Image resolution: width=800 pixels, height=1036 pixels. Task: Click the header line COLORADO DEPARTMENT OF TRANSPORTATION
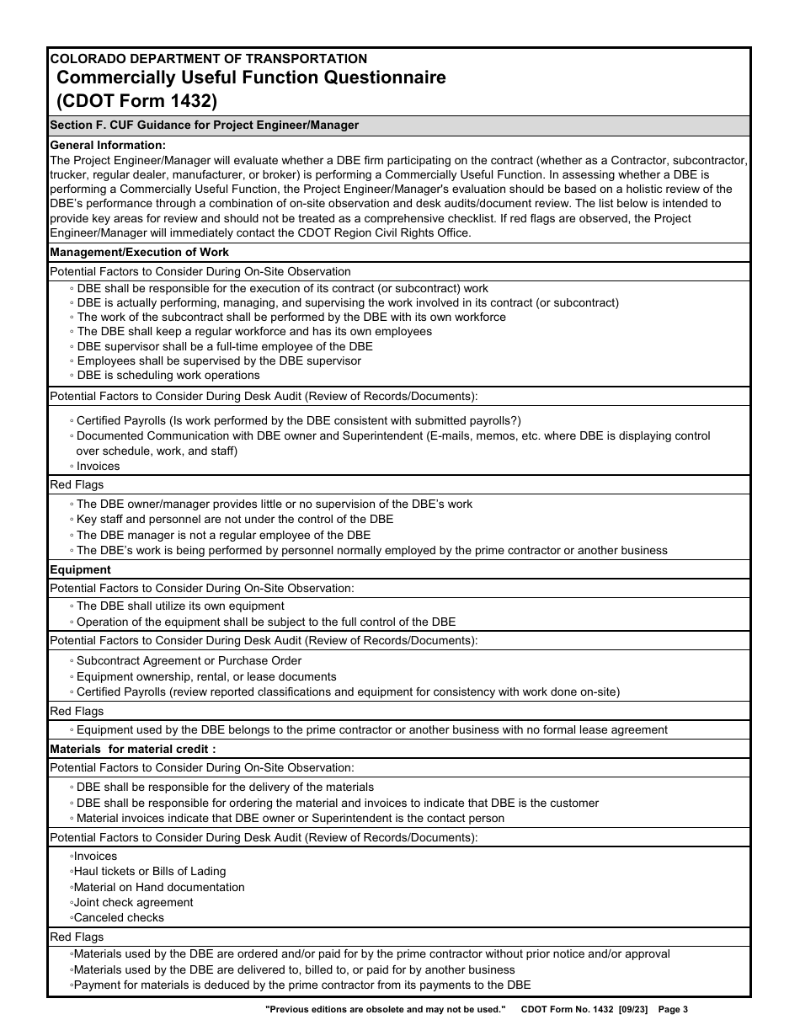(209, 59)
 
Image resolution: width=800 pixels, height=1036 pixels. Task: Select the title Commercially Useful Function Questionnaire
(251, 78)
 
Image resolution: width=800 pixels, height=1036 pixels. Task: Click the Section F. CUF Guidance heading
(205, 125)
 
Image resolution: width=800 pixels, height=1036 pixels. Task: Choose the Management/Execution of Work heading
(140, 252)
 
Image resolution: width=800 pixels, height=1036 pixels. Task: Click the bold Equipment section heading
(81, 569)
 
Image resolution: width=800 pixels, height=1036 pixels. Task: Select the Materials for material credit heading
(133, 749)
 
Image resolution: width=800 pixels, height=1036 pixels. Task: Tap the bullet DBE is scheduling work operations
(168, 376)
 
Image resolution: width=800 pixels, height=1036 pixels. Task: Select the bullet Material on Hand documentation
(159, 887)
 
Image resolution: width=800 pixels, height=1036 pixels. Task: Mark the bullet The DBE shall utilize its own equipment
(179, 606)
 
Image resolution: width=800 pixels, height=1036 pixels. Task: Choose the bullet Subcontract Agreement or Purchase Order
(188, 661)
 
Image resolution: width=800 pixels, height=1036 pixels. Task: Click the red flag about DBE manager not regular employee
(223, 535)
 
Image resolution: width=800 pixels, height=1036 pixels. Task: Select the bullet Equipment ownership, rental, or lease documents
(205, 676)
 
